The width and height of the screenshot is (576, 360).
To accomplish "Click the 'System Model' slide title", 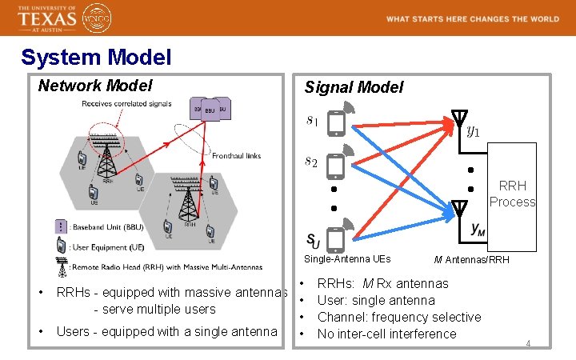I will click(x=96, y=58).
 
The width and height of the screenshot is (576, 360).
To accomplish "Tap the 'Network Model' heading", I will click(x=95, y=85).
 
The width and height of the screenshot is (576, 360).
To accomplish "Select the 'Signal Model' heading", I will click(x=354, y=87).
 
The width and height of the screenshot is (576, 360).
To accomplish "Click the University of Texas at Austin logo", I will click(x=48, y=18).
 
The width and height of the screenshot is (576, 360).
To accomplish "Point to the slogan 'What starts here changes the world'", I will click(x=472, y=18).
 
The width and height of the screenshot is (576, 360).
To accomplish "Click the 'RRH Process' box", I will click(x=512, y=194).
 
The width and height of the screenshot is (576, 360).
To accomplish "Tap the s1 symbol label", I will click(x=312, y=121).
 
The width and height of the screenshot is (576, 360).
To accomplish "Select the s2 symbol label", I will click(x=312, y=162).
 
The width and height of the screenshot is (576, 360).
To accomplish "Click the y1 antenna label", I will click(x=474, y=130).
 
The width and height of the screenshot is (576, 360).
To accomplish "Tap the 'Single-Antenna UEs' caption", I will click(x=347, y=259).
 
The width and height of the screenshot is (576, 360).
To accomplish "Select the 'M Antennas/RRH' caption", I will click(x=472, y=259).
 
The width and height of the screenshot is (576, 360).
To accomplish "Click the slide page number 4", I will click(x=528, y=343).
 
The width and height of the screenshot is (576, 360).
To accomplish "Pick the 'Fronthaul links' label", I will click(x=237, y=155).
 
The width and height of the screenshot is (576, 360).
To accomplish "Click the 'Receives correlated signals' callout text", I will click(x=126, y=103).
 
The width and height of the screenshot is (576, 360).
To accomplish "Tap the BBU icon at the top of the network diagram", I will click(x=210, y=110).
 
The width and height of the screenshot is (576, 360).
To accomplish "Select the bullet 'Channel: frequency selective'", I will click(x=399, y=317).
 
